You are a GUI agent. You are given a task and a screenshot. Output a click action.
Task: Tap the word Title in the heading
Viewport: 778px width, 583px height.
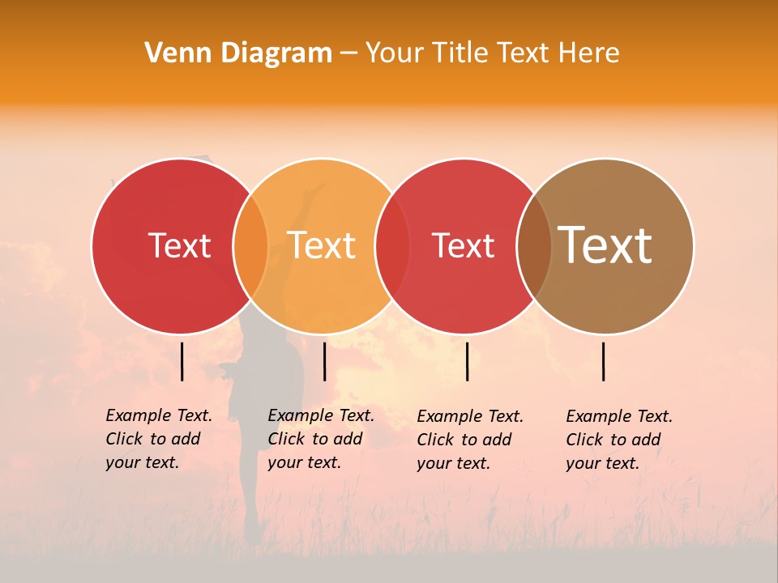click(461, 53)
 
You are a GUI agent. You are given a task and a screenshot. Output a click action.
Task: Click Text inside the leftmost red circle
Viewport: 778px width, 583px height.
click(179, 246)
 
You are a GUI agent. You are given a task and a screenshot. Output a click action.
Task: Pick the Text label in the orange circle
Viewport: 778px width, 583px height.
click(322, 246)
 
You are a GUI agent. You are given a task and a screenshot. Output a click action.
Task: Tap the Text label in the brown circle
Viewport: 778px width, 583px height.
click(605, 245)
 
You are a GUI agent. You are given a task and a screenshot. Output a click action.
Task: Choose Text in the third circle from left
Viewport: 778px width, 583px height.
click(463, 246)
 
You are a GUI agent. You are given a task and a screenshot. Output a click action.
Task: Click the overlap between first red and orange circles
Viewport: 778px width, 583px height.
click(250, 246)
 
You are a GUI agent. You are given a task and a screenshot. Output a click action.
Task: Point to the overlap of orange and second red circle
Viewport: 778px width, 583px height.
click(392, 246)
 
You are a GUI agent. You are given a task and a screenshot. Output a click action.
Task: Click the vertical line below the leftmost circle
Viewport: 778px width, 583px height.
click(182, 361)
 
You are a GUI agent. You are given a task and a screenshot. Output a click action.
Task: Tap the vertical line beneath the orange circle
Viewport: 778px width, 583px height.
click(324, 361)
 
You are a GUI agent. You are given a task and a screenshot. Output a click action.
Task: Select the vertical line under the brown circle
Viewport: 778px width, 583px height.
click(604, 361)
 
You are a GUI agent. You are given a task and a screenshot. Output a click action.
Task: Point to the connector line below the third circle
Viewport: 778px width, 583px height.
click(468, 361)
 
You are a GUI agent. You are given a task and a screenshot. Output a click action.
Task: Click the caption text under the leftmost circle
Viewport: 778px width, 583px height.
click(159, 439)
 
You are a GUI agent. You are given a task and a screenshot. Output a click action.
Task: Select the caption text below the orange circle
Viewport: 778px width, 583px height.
click(321, 439)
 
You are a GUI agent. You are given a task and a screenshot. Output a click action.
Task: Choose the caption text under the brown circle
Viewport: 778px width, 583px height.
click(619, 440)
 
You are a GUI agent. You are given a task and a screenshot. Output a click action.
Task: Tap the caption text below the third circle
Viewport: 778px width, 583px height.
click(470, 440)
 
